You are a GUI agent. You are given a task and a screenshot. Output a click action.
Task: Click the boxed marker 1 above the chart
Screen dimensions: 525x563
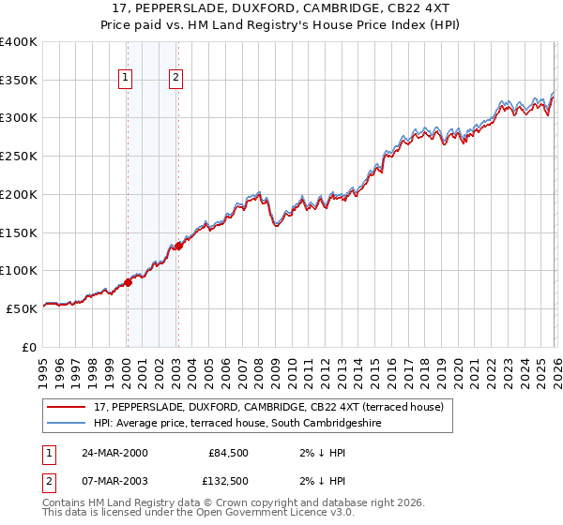tap(126, 79)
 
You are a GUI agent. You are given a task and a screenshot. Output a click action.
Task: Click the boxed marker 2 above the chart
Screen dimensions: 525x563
tap(175, 79)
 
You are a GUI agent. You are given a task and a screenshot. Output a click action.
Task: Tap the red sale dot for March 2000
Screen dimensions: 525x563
tap(128, 282)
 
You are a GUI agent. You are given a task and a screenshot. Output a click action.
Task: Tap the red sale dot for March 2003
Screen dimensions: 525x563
tap(177, 246)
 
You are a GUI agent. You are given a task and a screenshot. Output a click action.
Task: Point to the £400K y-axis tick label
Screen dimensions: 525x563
tap(19, 42)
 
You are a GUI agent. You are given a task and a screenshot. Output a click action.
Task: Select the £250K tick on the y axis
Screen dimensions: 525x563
tap(19, 157)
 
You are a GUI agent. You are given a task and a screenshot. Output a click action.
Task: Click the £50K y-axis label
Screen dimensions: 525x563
tap(22, 308)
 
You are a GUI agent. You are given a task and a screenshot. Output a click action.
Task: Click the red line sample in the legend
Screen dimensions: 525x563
tap(67, 407)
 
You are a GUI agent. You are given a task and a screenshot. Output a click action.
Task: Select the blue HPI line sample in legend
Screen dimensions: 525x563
tap(67, 424)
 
